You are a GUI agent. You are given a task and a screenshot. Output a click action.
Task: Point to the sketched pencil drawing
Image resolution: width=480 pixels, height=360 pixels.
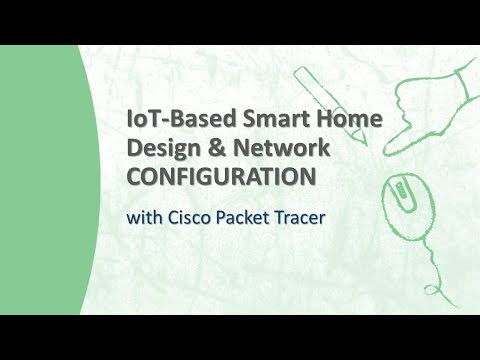pyautogui.click(x=329, y=104)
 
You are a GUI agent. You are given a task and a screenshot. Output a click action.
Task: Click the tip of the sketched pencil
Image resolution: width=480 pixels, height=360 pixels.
pyautogui.click(x=364, y=144)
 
